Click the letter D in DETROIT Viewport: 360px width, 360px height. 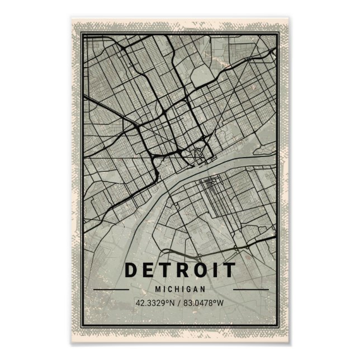[x=131, y=270]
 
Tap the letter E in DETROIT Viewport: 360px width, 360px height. [x=149, y=270]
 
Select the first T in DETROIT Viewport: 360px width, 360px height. [x=166, y=270]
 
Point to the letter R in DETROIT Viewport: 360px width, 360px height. [x=183, y=270]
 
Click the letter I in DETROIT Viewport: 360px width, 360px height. [x=217, y=270]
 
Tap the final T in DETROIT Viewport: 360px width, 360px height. [x=230, y=270]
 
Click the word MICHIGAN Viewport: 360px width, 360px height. [x=180, y=290]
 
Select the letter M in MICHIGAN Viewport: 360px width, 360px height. [x=159, y=290]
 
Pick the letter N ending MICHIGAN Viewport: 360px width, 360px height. [x=201, y=290]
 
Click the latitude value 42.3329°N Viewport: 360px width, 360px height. [x=154, y=304]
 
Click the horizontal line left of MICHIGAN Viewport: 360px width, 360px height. [x=111, y=290]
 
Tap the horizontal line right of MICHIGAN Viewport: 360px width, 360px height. [x=250, y=290]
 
